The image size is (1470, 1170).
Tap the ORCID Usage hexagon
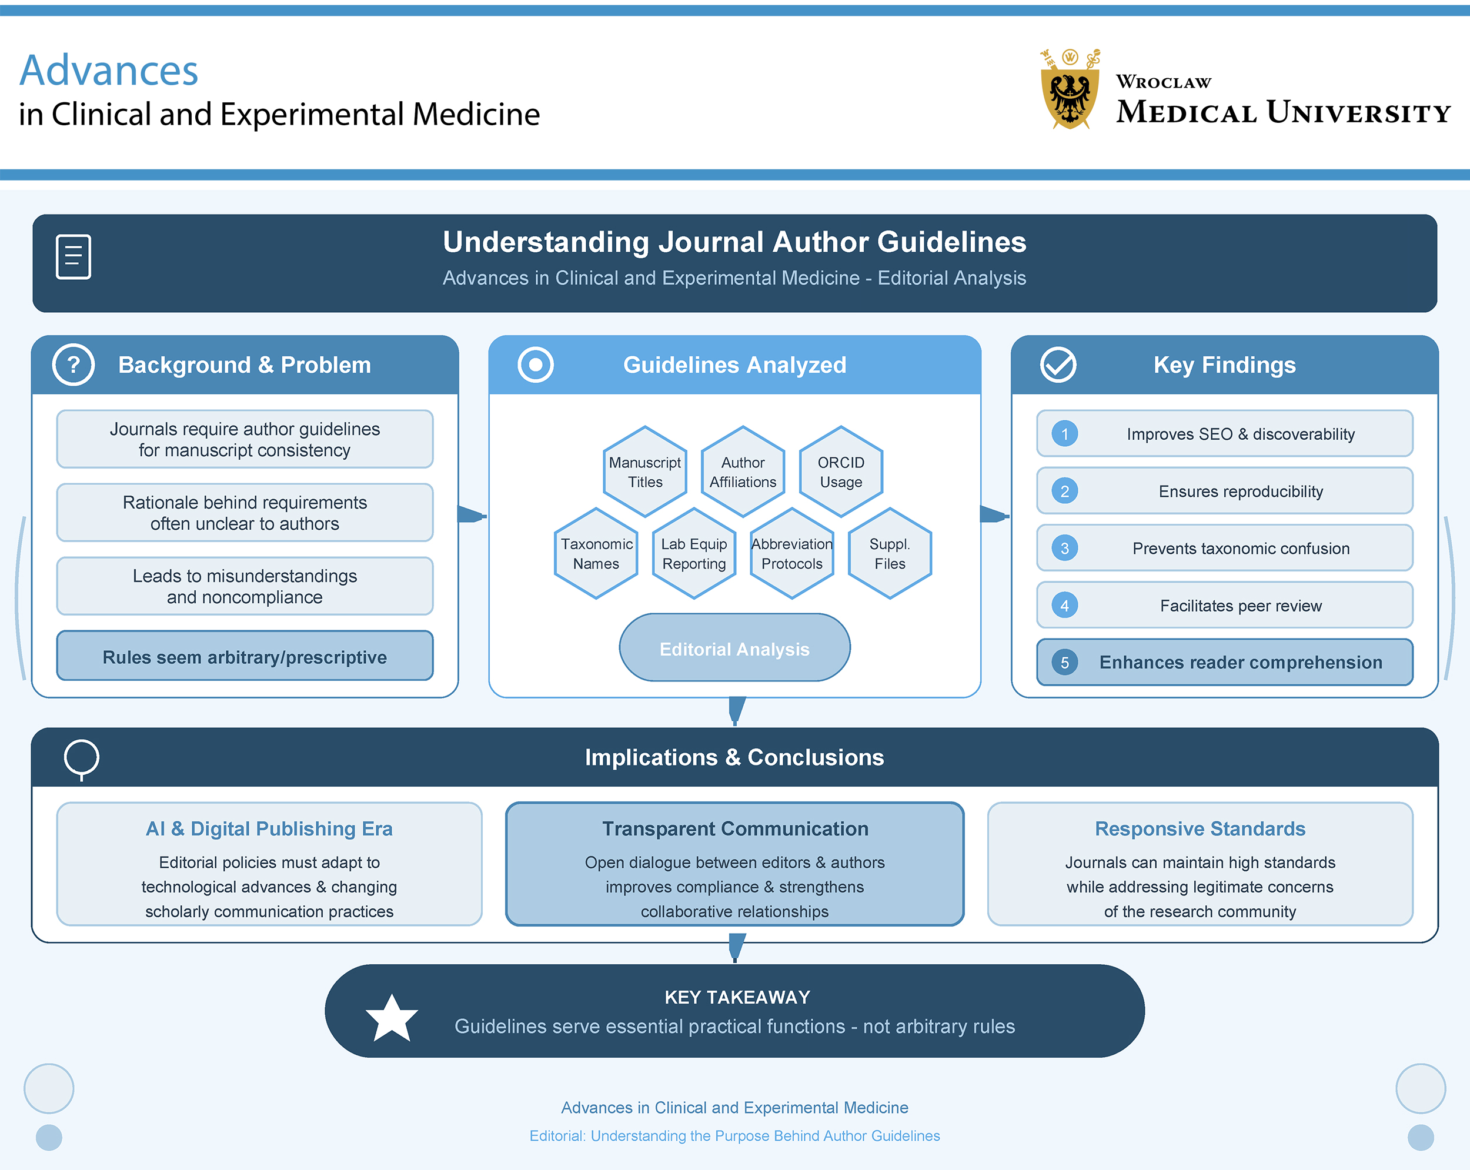pyautogui.click(x=841, y=472)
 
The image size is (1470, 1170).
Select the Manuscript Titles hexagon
pyautogui.click(x=644, y=472)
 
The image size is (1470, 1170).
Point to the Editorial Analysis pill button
pyautogui.click(x=734, y=648)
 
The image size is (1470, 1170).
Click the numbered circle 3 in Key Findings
pyautogui.click(x=1064, y=548)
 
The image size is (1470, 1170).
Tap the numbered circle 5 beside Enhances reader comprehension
pyautogui.click(x=1064, y=662)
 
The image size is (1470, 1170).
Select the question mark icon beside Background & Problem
pyautogui.click(x=73, y=365)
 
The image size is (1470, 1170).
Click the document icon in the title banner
pyautogui.click(x=73, y=257)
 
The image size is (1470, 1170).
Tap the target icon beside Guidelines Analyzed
pyautogui.click(x=535, y=365)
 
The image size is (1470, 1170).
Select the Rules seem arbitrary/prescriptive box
pyautogui.click(x=245, y=657)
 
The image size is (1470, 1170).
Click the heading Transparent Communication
pyautogui.click(x=735, y=828)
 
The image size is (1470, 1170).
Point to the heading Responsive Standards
pyautogui.click(x=1200, y=828)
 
